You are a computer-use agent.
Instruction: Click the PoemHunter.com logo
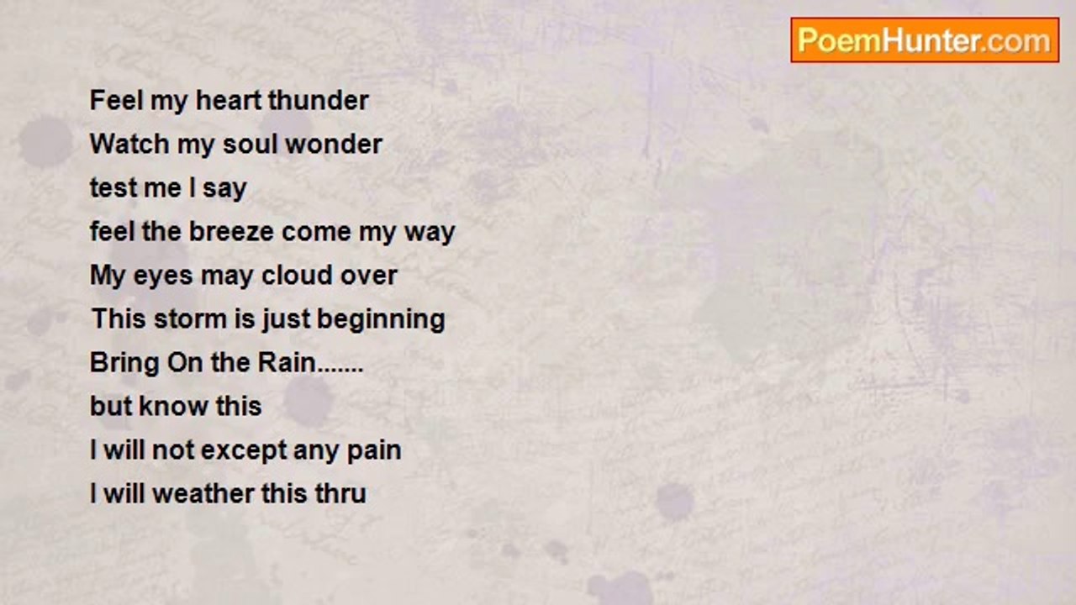coord(925,40)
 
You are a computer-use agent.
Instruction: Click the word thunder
coord(318,100)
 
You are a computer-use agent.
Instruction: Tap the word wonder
coord(334,144)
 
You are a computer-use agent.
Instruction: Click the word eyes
coord(163,276)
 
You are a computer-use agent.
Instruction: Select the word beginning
coord(381,320)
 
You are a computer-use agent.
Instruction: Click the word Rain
coord(287,362)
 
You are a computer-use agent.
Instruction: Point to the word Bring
coord(124,364)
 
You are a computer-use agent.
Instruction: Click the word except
coord(244,451)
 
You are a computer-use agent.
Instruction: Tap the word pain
coord(374,451)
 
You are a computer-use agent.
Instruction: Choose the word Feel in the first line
coord(117,100)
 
